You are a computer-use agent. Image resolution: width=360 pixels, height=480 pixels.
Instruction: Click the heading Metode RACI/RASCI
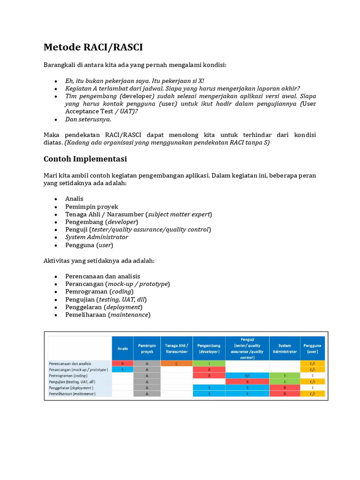93,47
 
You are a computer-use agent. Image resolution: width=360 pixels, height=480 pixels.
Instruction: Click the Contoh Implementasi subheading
85,159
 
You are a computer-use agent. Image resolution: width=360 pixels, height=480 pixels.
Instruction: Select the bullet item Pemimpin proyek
91,207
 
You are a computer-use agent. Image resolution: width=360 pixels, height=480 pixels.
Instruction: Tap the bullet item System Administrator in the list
96,237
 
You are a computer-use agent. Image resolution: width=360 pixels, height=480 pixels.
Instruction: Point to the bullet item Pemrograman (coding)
99,292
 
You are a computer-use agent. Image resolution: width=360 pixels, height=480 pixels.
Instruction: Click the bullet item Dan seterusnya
88,119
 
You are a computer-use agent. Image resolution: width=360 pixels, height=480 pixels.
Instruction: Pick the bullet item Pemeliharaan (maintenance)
108,315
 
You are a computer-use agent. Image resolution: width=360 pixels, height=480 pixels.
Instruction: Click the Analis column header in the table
122,348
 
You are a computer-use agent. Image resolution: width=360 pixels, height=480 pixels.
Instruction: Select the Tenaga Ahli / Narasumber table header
176,348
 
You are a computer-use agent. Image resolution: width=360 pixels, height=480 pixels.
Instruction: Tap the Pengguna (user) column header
313,348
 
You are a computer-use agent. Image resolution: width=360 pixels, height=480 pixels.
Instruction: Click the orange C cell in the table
176,363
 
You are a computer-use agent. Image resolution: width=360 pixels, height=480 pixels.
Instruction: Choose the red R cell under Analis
122,363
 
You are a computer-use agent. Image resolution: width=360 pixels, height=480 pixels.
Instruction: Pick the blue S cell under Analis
122,369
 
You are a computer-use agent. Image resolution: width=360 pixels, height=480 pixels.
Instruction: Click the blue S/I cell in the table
247,375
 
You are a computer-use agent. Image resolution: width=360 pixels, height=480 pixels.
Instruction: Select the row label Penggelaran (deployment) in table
71,388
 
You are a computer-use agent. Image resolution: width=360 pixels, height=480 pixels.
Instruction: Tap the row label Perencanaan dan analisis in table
70,363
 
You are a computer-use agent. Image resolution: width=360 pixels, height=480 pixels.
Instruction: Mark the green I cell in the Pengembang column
209,363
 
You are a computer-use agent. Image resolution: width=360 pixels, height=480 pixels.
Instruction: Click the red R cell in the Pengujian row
247,382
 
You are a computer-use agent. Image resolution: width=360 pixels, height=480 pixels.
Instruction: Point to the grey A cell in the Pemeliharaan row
147,394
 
